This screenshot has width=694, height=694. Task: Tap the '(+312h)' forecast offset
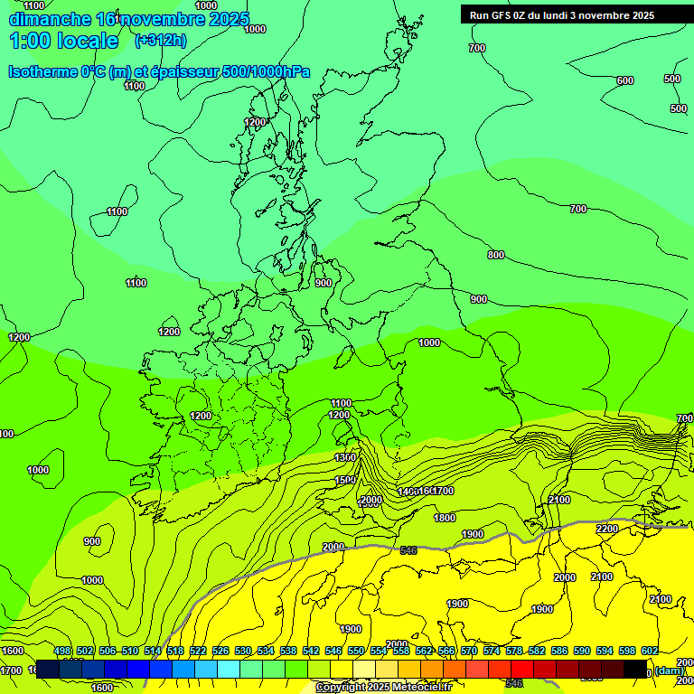160,40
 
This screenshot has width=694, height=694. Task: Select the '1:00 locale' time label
64,41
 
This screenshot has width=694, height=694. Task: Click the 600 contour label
624,81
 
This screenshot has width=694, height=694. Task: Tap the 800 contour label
495,256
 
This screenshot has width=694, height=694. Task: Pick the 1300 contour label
345,458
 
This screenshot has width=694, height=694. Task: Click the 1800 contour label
445,518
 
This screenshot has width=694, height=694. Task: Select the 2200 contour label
607,529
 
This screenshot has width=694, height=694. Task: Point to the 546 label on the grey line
408,550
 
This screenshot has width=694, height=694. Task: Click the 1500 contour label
345,481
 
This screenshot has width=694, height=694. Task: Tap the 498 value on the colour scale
62,652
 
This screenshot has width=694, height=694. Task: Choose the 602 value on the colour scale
649,652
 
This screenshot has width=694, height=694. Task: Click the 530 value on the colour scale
243,652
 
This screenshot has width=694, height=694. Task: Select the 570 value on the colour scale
468,652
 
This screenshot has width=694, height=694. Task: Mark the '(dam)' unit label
669,671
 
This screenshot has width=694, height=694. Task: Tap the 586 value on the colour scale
558,652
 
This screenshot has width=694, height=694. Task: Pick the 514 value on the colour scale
153,652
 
